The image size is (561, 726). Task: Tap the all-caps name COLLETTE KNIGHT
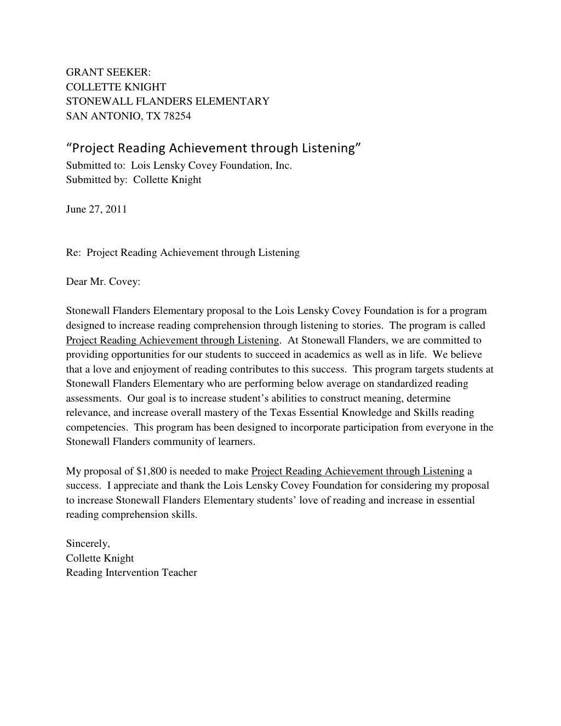pos(116,87)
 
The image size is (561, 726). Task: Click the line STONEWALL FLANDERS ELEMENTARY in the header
pos(168,101)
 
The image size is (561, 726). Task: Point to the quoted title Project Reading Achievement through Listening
pos(213,148)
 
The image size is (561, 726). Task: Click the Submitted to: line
pos(179,165)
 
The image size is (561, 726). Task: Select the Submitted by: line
pos(134,180)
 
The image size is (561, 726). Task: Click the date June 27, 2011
pos(96,209)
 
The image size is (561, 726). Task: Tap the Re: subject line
pos(182,253)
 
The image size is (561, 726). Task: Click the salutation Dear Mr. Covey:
pos(103,282)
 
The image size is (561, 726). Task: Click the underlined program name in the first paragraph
pos(173,340)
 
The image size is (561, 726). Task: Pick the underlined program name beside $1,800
pos(358,471)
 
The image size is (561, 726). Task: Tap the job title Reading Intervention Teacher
pos(131,573)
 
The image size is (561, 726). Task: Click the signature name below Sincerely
pos(100,558)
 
